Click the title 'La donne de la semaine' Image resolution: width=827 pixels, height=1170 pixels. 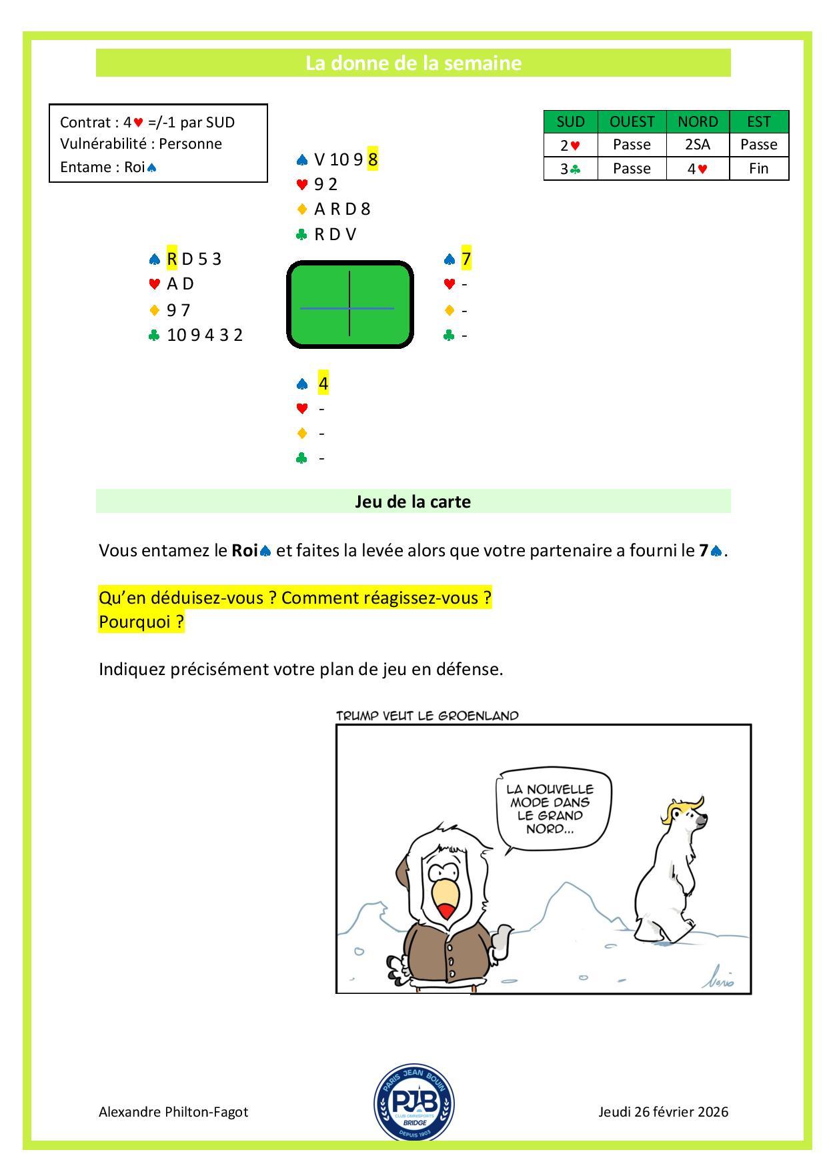click(x=413, y=63)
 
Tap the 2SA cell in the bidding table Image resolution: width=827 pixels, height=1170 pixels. click(x=698, y=145)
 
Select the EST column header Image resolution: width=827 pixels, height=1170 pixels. click(x=758, y=121)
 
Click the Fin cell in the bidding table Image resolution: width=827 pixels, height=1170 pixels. click(x=758, y=168)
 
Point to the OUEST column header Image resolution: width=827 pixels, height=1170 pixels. click(x=632, y=121)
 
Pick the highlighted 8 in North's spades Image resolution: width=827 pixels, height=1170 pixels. click(x=373, y=159)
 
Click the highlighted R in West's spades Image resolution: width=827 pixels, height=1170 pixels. click(x=172, y=259)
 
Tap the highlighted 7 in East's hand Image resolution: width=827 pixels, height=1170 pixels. click(x=466, y=259)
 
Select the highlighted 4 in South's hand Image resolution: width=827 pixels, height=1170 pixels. click(x=323, y=384)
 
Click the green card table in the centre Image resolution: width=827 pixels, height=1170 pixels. click(x=349, y=305)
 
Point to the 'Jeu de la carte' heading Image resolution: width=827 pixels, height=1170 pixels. click(x=413, y=502)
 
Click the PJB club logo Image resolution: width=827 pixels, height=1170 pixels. click(x=414, y=1101)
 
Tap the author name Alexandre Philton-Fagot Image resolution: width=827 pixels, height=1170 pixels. click(x=173, y=1112)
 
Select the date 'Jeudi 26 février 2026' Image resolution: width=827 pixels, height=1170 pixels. click(x=663, y=1112)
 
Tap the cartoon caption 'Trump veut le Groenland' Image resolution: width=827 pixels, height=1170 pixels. click(x=427, y=716)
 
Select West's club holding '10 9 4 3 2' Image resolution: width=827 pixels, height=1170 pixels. click(x=205, y=335)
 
